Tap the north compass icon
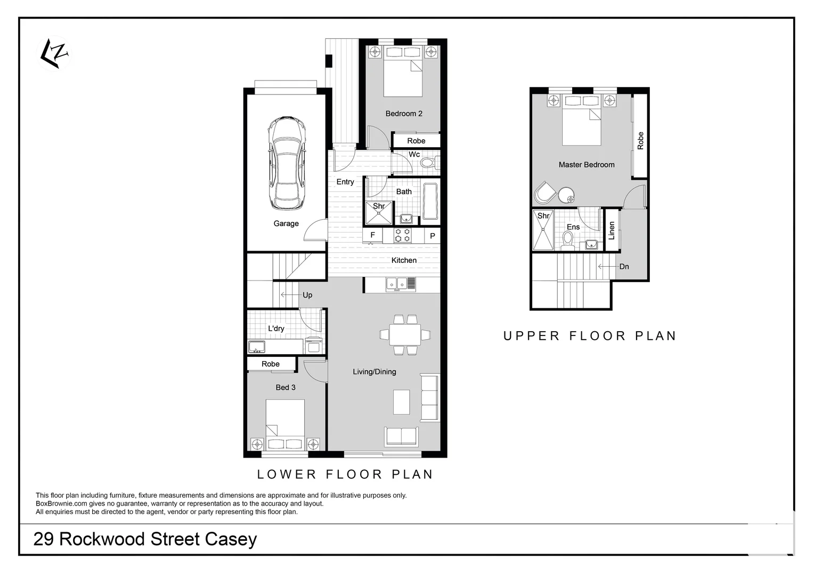(x=54, y=53)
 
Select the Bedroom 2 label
(x=404, y=114)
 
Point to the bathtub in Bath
(x=430, y=201)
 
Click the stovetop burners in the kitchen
(x=402, y=235)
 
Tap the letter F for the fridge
(x=372, y=235)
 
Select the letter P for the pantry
(x=433, y=236)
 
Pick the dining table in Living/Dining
(x=404, y=334)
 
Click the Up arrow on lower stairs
(x=290, y=295)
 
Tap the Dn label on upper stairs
(x=624, y=267)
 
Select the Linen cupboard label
(x=612, y=230)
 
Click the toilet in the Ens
(x=567, y=241)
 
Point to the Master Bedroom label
(x=586, y=165)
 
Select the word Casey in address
(x=231, y=539)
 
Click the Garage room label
(x=286, y=223)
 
